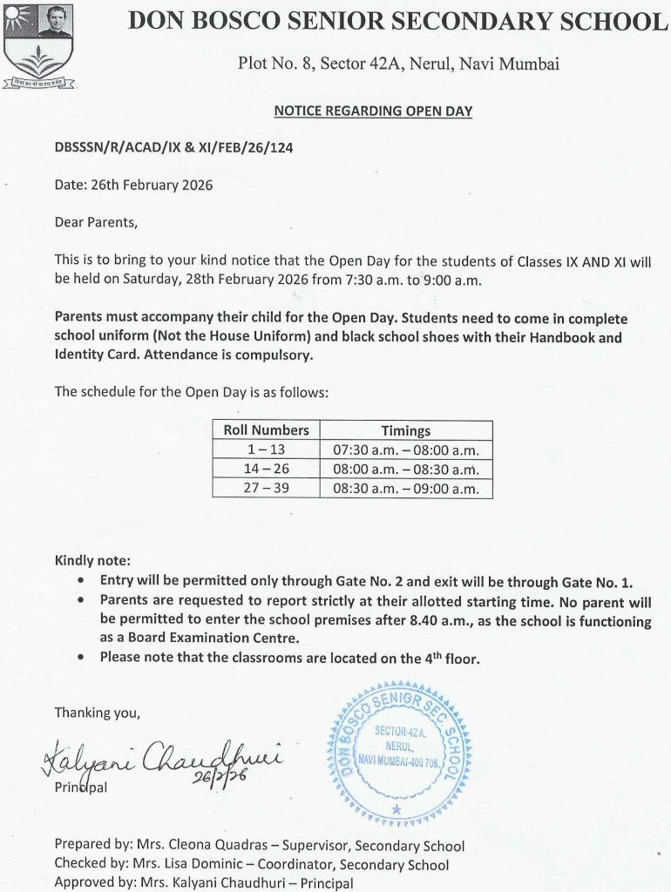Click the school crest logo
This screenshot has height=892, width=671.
click(x=38, y=45)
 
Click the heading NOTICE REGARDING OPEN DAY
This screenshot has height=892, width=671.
click(x=373, y=111)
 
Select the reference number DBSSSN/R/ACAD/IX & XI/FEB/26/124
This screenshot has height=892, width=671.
click(x=173, y=148)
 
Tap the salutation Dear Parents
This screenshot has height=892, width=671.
click(x=96, y=222)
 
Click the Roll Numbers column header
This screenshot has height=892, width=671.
click(x=266, y=430)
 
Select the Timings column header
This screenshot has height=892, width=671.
click(x=405, y=430)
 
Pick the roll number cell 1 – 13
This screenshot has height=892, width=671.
click(x=266, y=450)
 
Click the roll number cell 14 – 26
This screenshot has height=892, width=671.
click(x=266, y=470)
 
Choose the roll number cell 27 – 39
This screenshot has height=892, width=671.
click(x=266, y=489)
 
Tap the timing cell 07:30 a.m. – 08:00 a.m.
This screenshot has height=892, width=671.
click(x=405, y=450)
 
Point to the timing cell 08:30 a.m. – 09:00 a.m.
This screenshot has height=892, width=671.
click(x=405, y=489)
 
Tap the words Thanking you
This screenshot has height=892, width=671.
click(x=97, y=713)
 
